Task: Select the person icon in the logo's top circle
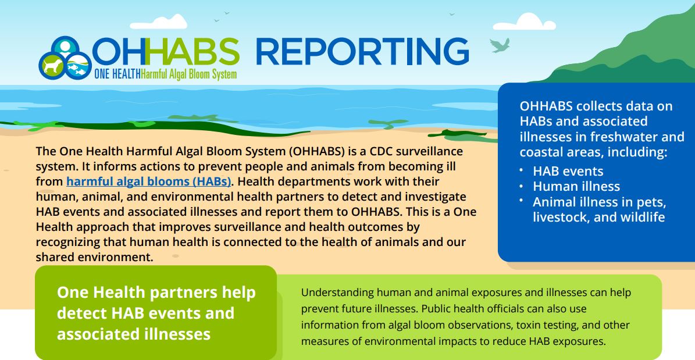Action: tap(65, 47)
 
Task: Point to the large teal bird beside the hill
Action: tap(500, 45)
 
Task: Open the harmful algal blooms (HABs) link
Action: tap(149, 181)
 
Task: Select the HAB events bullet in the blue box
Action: tap(568, 171)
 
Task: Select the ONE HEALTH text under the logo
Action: tap(117, 74)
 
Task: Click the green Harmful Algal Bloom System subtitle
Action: tap(188, 74)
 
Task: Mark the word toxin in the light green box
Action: tap(528, 325)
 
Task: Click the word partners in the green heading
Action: tap(183, 293)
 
